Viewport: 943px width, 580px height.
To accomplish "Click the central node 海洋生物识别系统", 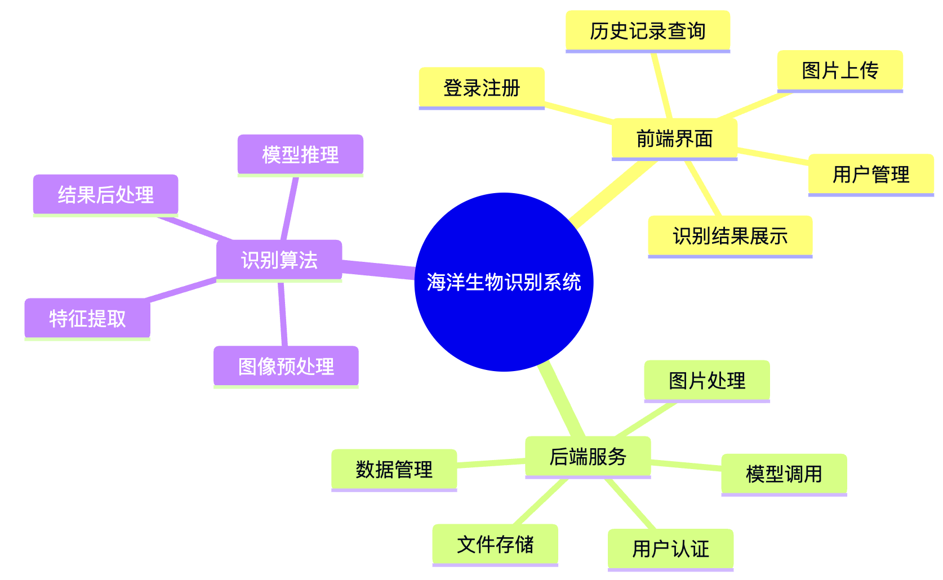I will point(504,282).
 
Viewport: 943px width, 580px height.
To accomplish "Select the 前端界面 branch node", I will point(674,139).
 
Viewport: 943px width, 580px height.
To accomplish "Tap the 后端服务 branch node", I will point(588,457).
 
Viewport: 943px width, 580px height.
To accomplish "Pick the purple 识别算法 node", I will point(279,260).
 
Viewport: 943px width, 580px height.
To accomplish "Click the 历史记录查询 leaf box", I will point(647,31).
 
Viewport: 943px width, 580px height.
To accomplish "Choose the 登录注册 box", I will point(482,88).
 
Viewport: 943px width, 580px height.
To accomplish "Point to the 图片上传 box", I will point(840,71).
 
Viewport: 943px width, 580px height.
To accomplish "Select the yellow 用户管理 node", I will point(871,175).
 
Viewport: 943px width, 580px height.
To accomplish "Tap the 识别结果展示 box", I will point(730,237).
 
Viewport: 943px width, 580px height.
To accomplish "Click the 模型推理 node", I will point(300,155).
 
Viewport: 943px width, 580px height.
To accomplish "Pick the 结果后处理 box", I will point(105,195).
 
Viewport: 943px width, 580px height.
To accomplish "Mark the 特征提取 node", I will point(87,319).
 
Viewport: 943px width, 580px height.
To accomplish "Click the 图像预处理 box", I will point(286,367).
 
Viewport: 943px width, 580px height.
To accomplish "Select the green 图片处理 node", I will point(707,381).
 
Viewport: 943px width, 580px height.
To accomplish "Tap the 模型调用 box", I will point(784,474).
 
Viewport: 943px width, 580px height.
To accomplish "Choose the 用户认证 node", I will point(670,549).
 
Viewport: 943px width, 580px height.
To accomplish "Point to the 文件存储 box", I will point(495,545).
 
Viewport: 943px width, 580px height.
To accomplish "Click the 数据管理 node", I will point(394,470).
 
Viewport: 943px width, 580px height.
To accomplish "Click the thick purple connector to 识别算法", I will point(379,269).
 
